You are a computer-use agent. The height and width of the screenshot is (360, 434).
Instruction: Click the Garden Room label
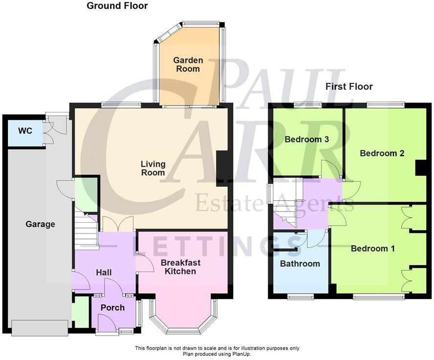pyautogui.click(x=188, y=64)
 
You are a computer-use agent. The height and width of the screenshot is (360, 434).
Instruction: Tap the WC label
pyautogui.click(x=25, y=131)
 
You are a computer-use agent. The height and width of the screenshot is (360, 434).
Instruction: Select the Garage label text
pyautogui.click(x=40, y=224)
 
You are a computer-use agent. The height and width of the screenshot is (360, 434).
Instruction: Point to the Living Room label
pyautogui.click(x=153, y=168)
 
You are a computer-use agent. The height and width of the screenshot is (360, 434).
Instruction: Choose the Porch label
pyautogui.click(x=112, y=307)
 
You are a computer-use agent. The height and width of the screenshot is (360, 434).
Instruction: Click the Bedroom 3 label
pyautogui.click(x=306, y=139)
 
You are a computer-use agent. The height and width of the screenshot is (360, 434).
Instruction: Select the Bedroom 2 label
pyautogui.click(x=382, y=153)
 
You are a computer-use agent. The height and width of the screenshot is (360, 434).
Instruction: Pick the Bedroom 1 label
pyautogui.click(x=372, y=248)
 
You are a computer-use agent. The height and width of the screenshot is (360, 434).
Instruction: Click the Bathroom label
pyautogui.click(x=300, y=264)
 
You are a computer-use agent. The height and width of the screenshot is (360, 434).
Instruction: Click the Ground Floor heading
pyautogui.click(x=117, y=6)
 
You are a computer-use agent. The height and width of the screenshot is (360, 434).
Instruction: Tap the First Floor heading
pyautogui.click(x=349, y=86)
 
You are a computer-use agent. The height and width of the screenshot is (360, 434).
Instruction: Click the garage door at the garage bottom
pyautogui.click(x=40, y=328)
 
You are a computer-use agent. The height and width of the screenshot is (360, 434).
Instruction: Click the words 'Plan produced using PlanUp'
pyautogui.click(x=217, y=354)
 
